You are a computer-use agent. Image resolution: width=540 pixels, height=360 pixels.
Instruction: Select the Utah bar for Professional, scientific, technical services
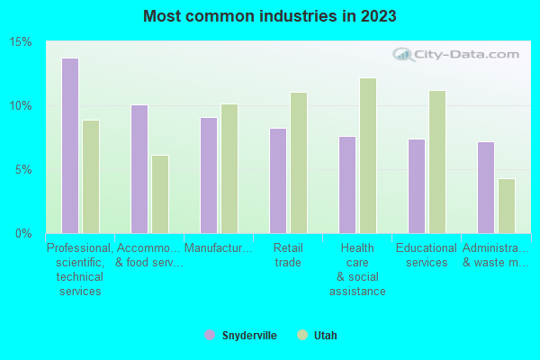point(91,176)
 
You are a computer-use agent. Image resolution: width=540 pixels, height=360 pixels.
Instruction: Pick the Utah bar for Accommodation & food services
point(160,194)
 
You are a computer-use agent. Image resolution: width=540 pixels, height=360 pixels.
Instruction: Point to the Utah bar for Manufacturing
point(229,168)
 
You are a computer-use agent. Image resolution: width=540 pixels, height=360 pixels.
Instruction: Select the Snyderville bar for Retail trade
point(278,181)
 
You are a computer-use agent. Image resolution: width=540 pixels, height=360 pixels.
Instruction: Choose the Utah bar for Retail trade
point(299,163)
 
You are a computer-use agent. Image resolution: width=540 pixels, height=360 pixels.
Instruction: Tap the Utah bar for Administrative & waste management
point(507,206)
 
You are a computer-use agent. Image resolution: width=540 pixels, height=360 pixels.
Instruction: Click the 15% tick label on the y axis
point(22,42)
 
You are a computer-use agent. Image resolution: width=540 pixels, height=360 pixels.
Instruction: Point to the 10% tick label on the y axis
point(22,105)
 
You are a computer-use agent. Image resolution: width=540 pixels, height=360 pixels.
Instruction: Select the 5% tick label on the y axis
point(24,169)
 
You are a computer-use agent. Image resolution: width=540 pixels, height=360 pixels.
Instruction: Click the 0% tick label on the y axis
point(24,233)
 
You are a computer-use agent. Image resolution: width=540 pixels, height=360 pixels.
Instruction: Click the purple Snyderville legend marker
point(210,335)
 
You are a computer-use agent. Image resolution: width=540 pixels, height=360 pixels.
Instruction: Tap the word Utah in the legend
point(325,335)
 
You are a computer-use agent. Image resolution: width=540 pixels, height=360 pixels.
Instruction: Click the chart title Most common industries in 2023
point(270,16)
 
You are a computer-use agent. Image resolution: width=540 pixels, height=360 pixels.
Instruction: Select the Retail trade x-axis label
point(288,255)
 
